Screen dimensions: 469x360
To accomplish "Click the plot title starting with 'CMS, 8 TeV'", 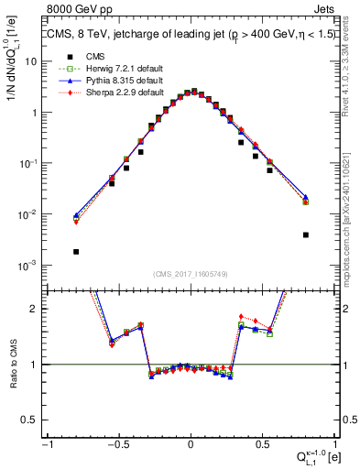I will click(191, 34).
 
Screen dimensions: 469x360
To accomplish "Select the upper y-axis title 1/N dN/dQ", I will click(13, 87).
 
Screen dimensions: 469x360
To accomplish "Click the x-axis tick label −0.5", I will click(117, 443).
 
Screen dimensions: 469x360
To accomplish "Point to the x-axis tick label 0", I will click(191, 443).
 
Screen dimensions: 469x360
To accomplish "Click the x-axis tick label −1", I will click(46, 443).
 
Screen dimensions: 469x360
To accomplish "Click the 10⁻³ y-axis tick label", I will click(31, 265).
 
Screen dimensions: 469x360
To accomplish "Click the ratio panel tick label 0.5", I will click(33, 420).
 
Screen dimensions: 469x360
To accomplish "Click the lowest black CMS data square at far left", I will click(76, 251).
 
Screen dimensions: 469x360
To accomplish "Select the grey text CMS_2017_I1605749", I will click(191, 274).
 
